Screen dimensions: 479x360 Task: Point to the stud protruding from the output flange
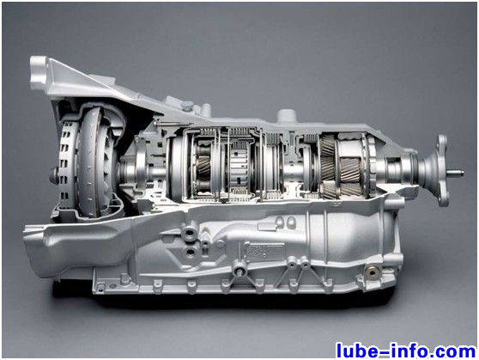tap(456, 174)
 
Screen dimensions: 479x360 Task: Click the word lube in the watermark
tap(356, 350)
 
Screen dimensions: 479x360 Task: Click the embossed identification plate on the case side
tap(265, 252)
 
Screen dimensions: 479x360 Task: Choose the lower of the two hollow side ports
tap(191, 253)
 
